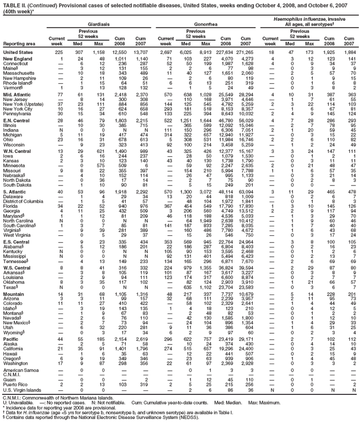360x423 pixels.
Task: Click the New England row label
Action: (x=18, y=58)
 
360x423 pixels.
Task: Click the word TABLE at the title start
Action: (x=11, y=4)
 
